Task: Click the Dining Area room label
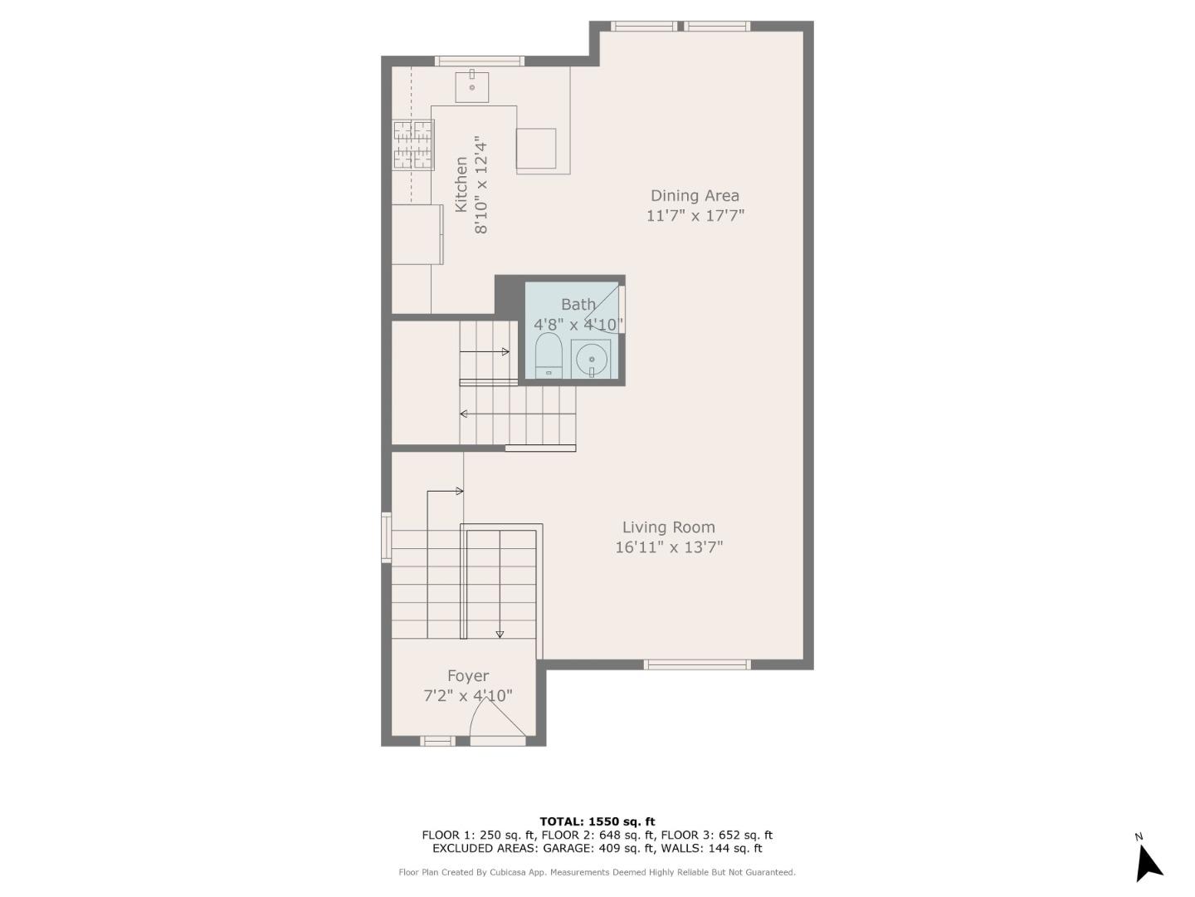point(694,196)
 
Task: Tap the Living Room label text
point(668,527)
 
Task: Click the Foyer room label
point(468,676)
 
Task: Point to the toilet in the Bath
point(549,355)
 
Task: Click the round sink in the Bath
point(591,359)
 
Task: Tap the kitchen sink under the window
point(471,86)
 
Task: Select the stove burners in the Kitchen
point(413,145)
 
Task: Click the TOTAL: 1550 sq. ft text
point(597,821)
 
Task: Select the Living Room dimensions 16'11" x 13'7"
point(669,547)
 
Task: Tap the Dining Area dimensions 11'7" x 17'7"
point(695,216)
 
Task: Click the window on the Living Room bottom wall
point(697,664)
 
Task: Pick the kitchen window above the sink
point(480,61)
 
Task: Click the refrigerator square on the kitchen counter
point(536,149)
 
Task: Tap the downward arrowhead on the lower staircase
point(500,635)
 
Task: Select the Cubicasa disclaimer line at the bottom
point(597,872)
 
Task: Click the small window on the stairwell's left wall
point(386,537)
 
